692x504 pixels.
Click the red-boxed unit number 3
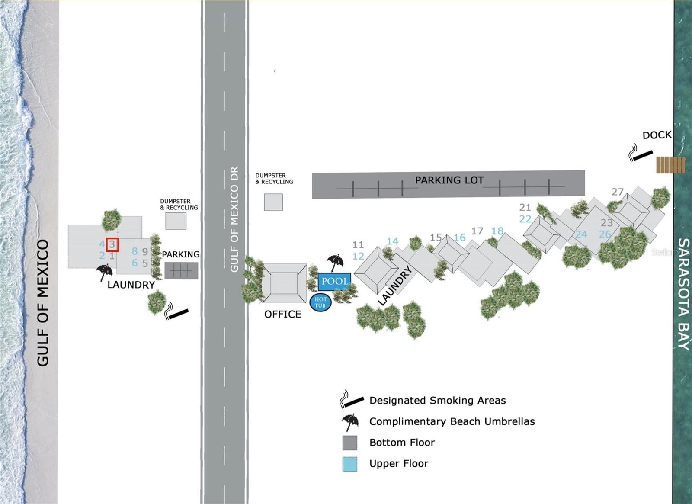(112, 245)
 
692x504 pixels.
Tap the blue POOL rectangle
(334, 282)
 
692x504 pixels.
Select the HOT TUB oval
(320, 302)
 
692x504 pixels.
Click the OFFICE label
(282, 315)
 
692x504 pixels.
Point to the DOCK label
(657, 135)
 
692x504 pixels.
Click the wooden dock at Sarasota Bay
(670, 165)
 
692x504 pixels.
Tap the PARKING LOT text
(449, 180)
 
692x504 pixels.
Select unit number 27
(618, 192)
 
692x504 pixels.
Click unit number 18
(497, 231)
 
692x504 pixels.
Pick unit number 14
(392, 241)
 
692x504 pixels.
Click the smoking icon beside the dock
(641, 153)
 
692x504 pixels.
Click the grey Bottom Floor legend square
(350, 443)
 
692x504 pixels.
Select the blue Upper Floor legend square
(350, 464)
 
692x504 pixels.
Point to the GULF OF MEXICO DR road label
(234, 219)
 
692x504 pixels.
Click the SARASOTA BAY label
(683, 294)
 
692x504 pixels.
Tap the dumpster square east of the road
(273, 202)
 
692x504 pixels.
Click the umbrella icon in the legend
(350, 422)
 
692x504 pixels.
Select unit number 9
(145, 251)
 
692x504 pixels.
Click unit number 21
(525, 207)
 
